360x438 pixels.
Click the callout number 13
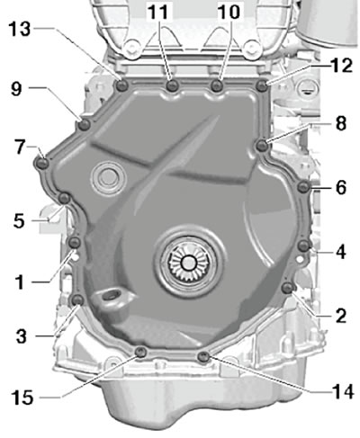tap(20, 29)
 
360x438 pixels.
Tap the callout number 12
tap(341, 66)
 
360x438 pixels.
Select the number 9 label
tap(16, 88)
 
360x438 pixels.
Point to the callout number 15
tap(22, 398)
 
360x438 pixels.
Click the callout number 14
tap(343, 392)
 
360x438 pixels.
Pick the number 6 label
tap(341, 188)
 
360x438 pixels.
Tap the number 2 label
tap(341, 316)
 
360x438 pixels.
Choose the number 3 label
tap(22, 336)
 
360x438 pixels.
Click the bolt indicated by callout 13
tap(121, 86)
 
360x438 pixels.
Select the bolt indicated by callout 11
tap(173, 86)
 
